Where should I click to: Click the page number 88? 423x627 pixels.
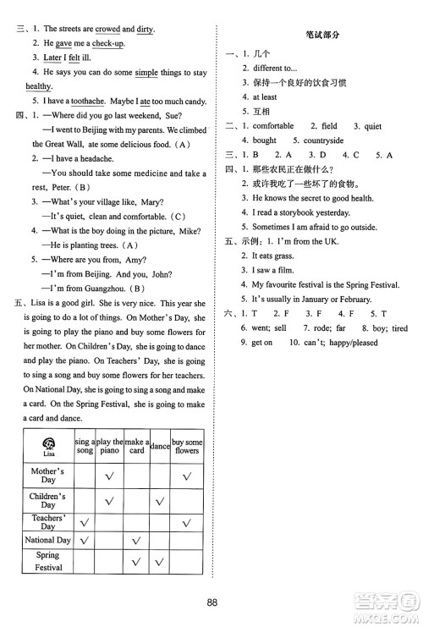(x=211, y=602)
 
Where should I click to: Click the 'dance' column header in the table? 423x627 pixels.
(x=160, y=445)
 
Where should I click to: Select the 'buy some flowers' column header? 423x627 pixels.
(x=187, y=445)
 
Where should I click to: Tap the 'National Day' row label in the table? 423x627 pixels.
(x=47, y=540)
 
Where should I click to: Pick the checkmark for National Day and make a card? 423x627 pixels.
(x=135, y=540)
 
